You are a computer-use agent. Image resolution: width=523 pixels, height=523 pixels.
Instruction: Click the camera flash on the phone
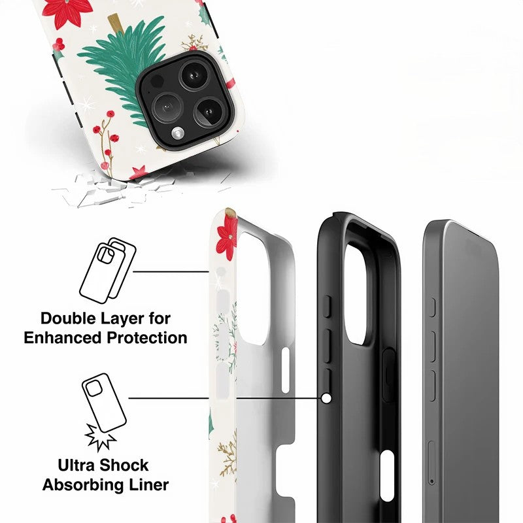pos(178,133)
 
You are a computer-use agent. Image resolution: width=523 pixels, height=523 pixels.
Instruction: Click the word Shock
pos(124,465)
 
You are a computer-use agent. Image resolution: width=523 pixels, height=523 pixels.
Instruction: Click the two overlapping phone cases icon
pos(107,271)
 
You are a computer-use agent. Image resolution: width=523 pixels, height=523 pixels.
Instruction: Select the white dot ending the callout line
pos(327,398)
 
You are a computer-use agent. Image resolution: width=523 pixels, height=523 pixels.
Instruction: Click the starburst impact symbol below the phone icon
pos(100,437)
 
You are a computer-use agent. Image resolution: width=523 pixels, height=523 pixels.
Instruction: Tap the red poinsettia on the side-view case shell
pos(227,238)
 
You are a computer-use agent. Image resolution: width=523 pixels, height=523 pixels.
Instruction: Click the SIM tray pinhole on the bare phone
pos(432,481)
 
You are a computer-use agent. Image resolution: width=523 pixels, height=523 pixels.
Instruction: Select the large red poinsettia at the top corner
pos(67,11)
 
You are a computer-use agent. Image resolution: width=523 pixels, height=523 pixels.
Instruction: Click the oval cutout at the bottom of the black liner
pos(387,475)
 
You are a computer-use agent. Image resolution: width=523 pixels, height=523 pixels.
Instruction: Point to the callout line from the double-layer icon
pos(171,271)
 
